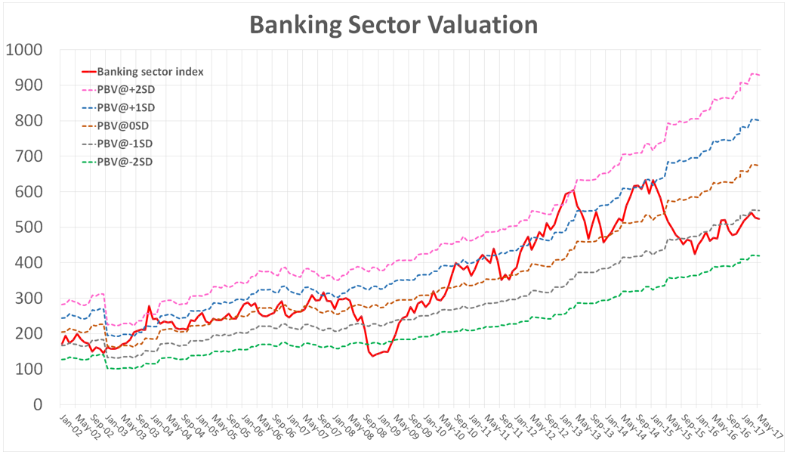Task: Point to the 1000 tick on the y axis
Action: (24, 50)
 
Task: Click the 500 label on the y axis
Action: (28, 227)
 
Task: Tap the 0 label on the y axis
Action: (37, 404)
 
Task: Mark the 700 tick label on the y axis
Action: (28, 156)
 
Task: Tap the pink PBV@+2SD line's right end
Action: (759, 75)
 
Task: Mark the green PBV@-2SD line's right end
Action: (759, 255)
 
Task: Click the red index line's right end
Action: (759, 219)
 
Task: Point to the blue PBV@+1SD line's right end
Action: (759, 120)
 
